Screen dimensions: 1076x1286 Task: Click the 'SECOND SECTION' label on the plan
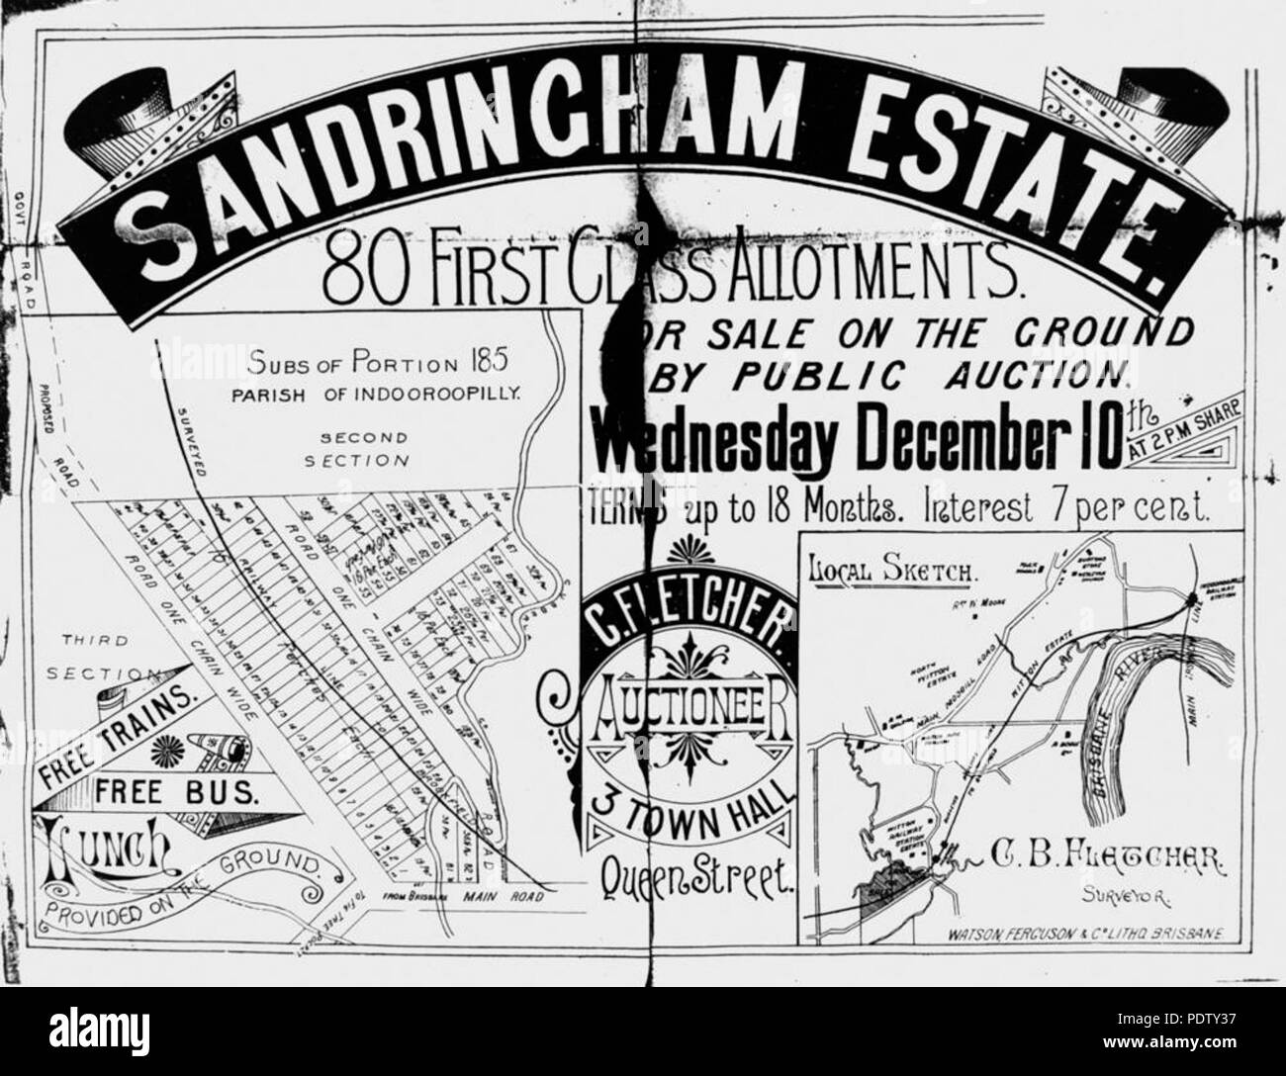coord(356,449)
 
